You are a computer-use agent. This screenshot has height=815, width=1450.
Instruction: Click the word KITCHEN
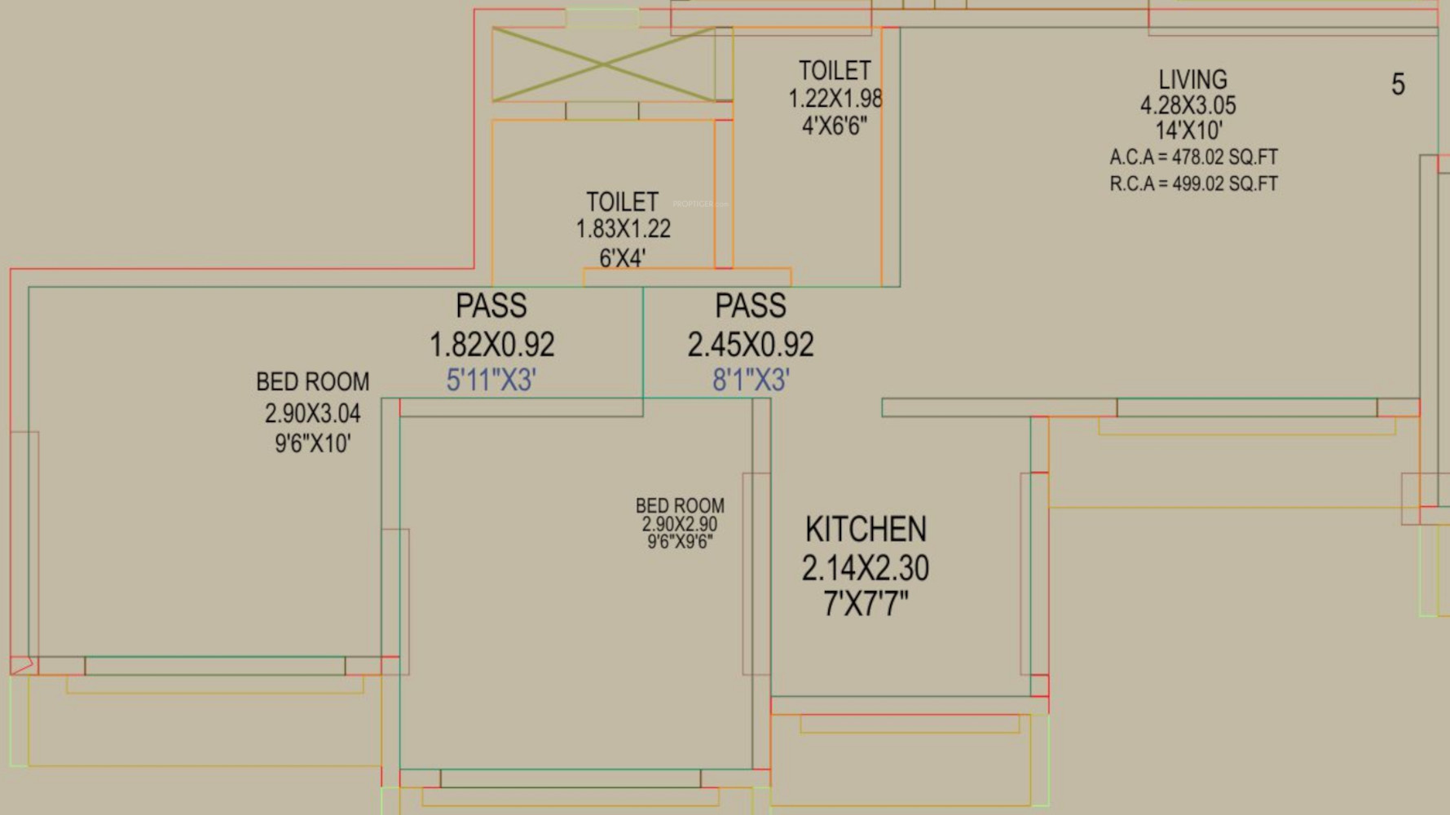coord(866,530)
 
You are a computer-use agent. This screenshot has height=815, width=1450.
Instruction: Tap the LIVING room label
coord(1192,79)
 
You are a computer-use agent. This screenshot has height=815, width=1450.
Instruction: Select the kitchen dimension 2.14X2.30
coord(866,568)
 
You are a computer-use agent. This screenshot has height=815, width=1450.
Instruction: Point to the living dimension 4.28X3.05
coord(1188,105)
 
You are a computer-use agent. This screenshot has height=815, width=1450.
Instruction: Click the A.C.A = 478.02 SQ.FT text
coord(1193,157)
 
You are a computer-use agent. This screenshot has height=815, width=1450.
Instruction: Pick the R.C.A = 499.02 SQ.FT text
coord(1193,183)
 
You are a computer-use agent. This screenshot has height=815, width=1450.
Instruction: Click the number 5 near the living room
coord(1398,85)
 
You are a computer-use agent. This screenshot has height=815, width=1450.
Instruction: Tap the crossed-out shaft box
coord(604,64)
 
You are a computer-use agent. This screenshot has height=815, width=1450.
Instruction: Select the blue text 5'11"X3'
coord(491,380)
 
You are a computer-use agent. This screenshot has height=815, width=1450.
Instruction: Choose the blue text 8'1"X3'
coord(751,380)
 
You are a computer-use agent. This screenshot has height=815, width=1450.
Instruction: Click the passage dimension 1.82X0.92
coord(492,345)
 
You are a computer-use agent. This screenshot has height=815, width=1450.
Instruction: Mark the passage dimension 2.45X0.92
coord(751,345)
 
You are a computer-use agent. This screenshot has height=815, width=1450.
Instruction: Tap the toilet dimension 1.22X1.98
coord(835,99)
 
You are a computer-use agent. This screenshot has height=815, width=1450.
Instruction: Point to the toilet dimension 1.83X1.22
coord(624,229)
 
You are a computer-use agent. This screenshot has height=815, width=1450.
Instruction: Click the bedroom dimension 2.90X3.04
coord(312,413)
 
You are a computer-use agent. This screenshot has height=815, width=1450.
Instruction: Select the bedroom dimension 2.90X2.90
coord(680,524)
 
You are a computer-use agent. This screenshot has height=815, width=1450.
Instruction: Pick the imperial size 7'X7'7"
coord(866,604)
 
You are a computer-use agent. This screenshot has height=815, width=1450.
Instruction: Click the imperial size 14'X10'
coord(1189,130)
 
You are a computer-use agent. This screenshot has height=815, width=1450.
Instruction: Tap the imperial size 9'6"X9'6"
coord(680,542)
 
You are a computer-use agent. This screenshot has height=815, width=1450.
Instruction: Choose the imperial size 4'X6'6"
coord(835,126)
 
